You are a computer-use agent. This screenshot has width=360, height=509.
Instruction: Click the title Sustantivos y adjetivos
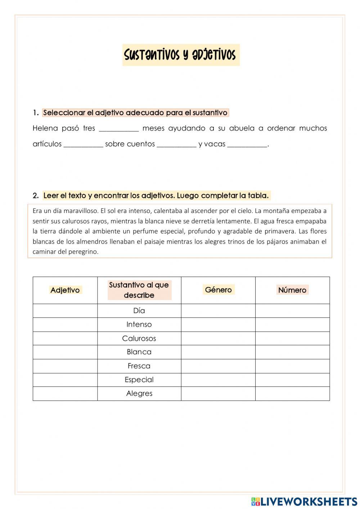point(181,55)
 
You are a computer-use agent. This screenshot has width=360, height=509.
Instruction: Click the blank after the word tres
point(118,129)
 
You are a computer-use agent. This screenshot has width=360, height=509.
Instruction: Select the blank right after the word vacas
point(247,145)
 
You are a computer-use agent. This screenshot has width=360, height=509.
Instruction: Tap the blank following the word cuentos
point(177,145)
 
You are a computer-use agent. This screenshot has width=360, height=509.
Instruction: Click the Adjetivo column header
point(65,290)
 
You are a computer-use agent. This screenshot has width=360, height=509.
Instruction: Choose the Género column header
point(218,290)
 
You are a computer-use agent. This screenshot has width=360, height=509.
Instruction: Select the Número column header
point(292,290)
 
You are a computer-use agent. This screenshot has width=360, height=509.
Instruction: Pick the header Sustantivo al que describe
point(139,290)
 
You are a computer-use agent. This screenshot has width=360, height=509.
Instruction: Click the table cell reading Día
point(139,311)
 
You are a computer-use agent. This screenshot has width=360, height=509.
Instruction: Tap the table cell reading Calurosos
point(139,338)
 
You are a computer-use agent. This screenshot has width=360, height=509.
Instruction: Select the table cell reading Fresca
point(139,366)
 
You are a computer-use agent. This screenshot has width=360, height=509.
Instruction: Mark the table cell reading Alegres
point(139,394)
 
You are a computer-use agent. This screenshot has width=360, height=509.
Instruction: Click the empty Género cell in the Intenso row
point(218,325)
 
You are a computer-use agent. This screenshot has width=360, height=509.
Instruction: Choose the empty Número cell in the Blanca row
point(292,352)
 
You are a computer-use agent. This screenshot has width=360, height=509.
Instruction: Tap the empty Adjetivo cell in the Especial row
point(65,380)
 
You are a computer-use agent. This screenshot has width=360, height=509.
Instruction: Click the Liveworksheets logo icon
point(255,501)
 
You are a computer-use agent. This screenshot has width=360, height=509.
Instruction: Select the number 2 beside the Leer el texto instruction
point(35,196)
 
